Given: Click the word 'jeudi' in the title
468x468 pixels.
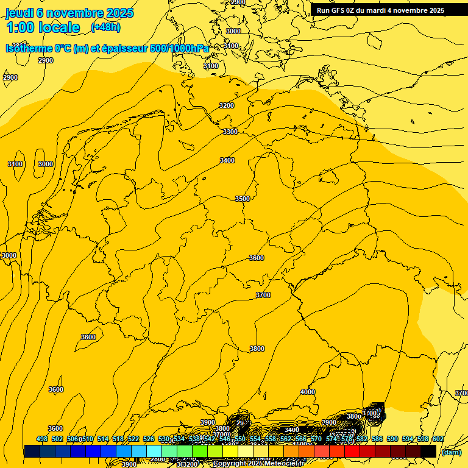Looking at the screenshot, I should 19,13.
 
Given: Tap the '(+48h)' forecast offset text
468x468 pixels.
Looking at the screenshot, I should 105,27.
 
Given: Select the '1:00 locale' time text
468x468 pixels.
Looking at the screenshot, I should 43,27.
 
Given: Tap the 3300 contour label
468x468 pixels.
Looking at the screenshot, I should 230,132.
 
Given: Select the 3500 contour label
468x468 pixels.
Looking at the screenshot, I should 243,199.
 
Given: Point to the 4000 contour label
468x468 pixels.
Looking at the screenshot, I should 308,392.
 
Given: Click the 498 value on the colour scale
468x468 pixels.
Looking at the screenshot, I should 42,439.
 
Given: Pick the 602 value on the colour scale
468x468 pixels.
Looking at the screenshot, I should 438,439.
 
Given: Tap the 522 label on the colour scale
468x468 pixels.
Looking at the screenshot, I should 133,439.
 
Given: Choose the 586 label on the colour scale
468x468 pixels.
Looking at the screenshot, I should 377,439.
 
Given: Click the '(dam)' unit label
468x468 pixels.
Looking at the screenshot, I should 452,452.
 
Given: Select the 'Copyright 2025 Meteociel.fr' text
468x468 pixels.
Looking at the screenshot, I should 258,464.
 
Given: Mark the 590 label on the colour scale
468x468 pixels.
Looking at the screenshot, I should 392,439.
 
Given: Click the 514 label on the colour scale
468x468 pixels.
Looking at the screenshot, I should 103,439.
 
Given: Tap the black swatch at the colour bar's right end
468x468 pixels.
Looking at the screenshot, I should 428,452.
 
